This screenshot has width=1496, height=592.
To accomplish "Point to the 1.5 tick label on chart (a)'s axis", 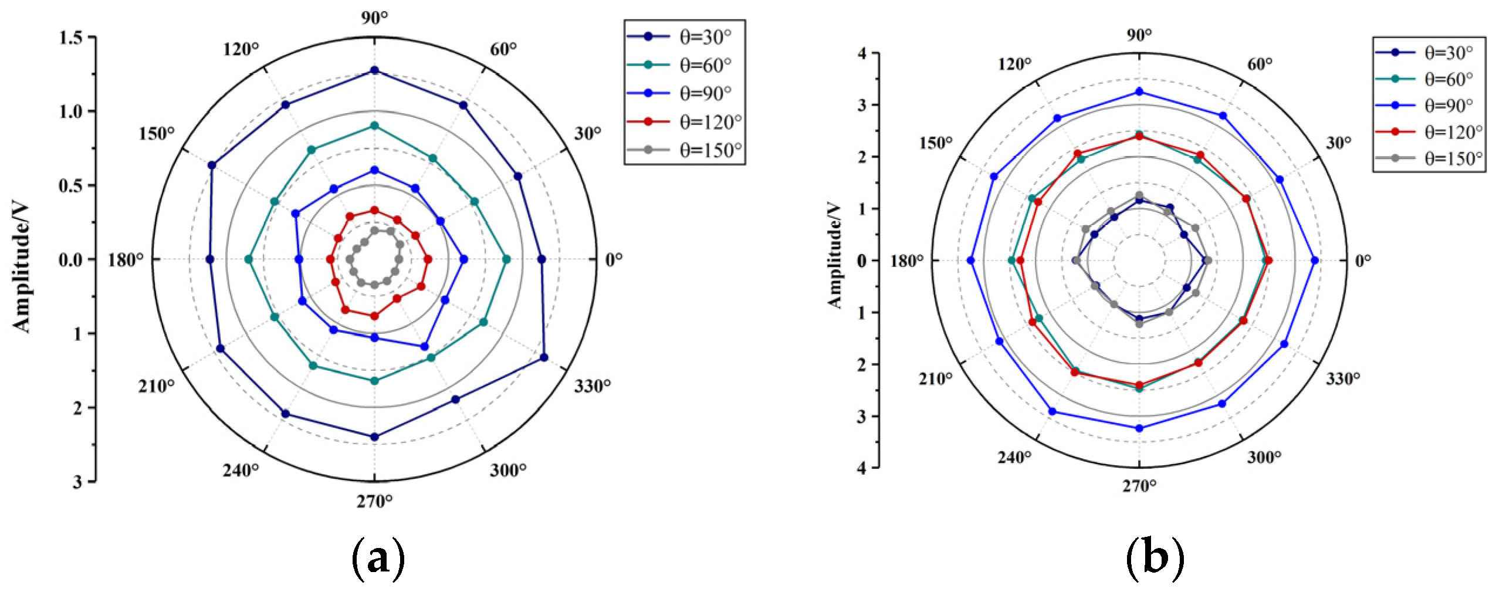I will pos(70,38).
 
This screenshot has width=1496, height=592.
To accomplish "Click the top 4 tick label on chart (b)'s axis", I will pos(861,53).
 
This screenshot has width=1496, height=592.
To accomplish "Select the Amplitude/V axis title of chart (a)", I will pos(21,267).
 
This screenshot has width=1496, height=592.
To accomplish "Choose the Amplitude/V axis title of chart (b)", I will pos(834,255).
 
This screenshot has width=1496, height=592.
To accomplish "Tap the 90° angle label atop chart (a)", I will pos(374,18).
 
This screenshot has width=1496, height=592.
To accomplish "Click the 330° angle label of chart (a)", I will pos(592,385).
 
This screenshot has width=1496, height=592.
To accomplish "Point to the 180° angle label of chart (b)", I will pos(906,261).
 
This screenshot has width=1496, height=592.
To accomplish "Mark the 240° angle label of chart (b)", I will pos(1014,457).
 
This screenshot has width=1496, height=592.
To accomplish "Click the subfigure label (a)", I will pos(377,558).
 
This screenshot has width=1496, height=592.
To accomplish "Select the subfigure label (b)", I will pos(1154,558).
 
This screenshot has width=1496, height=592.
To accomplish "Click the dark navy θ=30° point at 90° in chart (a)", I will pos(374,71).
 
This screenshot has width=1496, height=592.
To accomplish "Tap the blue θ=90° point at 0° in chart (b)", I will pos(1314,261).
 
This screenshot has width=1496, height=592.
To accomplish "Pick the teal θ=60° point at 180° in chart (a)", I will pos(248,259).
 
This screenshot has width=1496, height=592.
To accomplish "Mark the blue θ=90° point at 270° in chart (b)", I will pos(1139,428).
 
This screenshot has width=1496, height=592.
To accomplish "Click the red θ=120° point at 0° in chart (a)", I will pos(428,259).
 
